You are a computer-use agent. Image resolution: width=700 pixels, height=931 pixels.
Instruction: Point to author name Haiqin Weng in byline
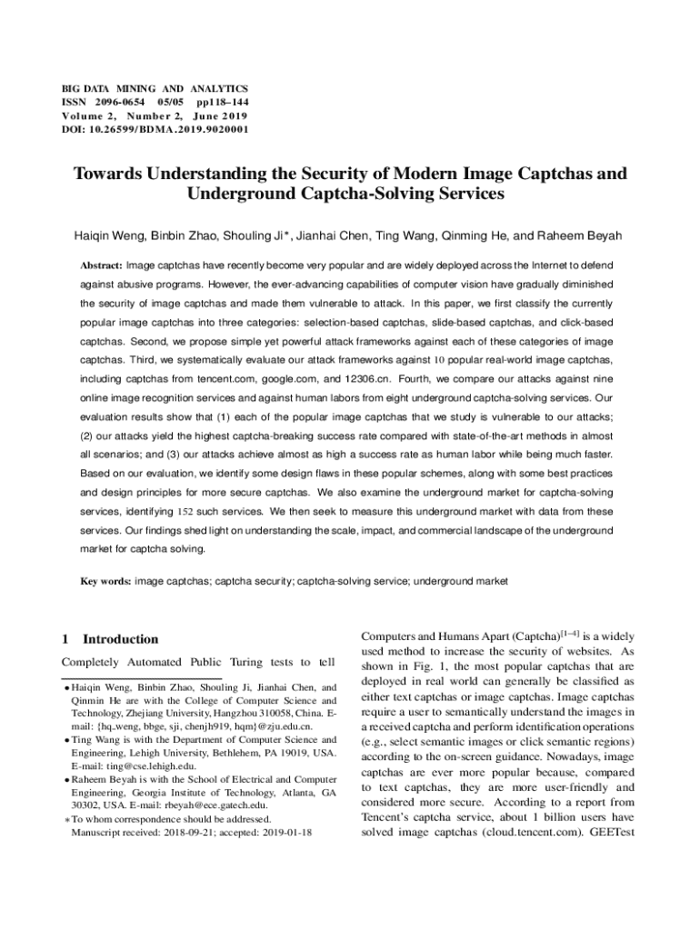[x=111, y=235]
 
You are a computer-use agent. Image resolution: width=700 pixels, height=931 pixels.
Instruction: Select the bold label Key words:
[x=105, y=579]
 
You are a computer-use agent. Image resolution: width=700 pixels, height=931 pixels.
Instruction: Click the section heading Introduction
[x=120, y=639]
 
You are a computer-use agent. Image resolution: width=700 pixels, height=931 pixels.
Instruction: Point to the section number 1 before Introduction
[x=65, y=639]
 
